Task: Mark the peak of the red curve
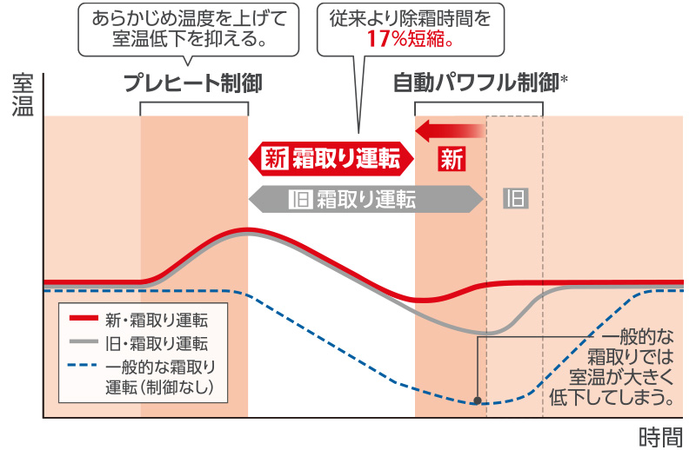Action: tap(247, 230)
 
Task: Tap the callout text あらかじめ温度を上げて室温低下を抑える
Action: tap(188, 29)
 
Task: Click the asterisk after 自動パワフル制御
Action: tap(565, 79)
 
